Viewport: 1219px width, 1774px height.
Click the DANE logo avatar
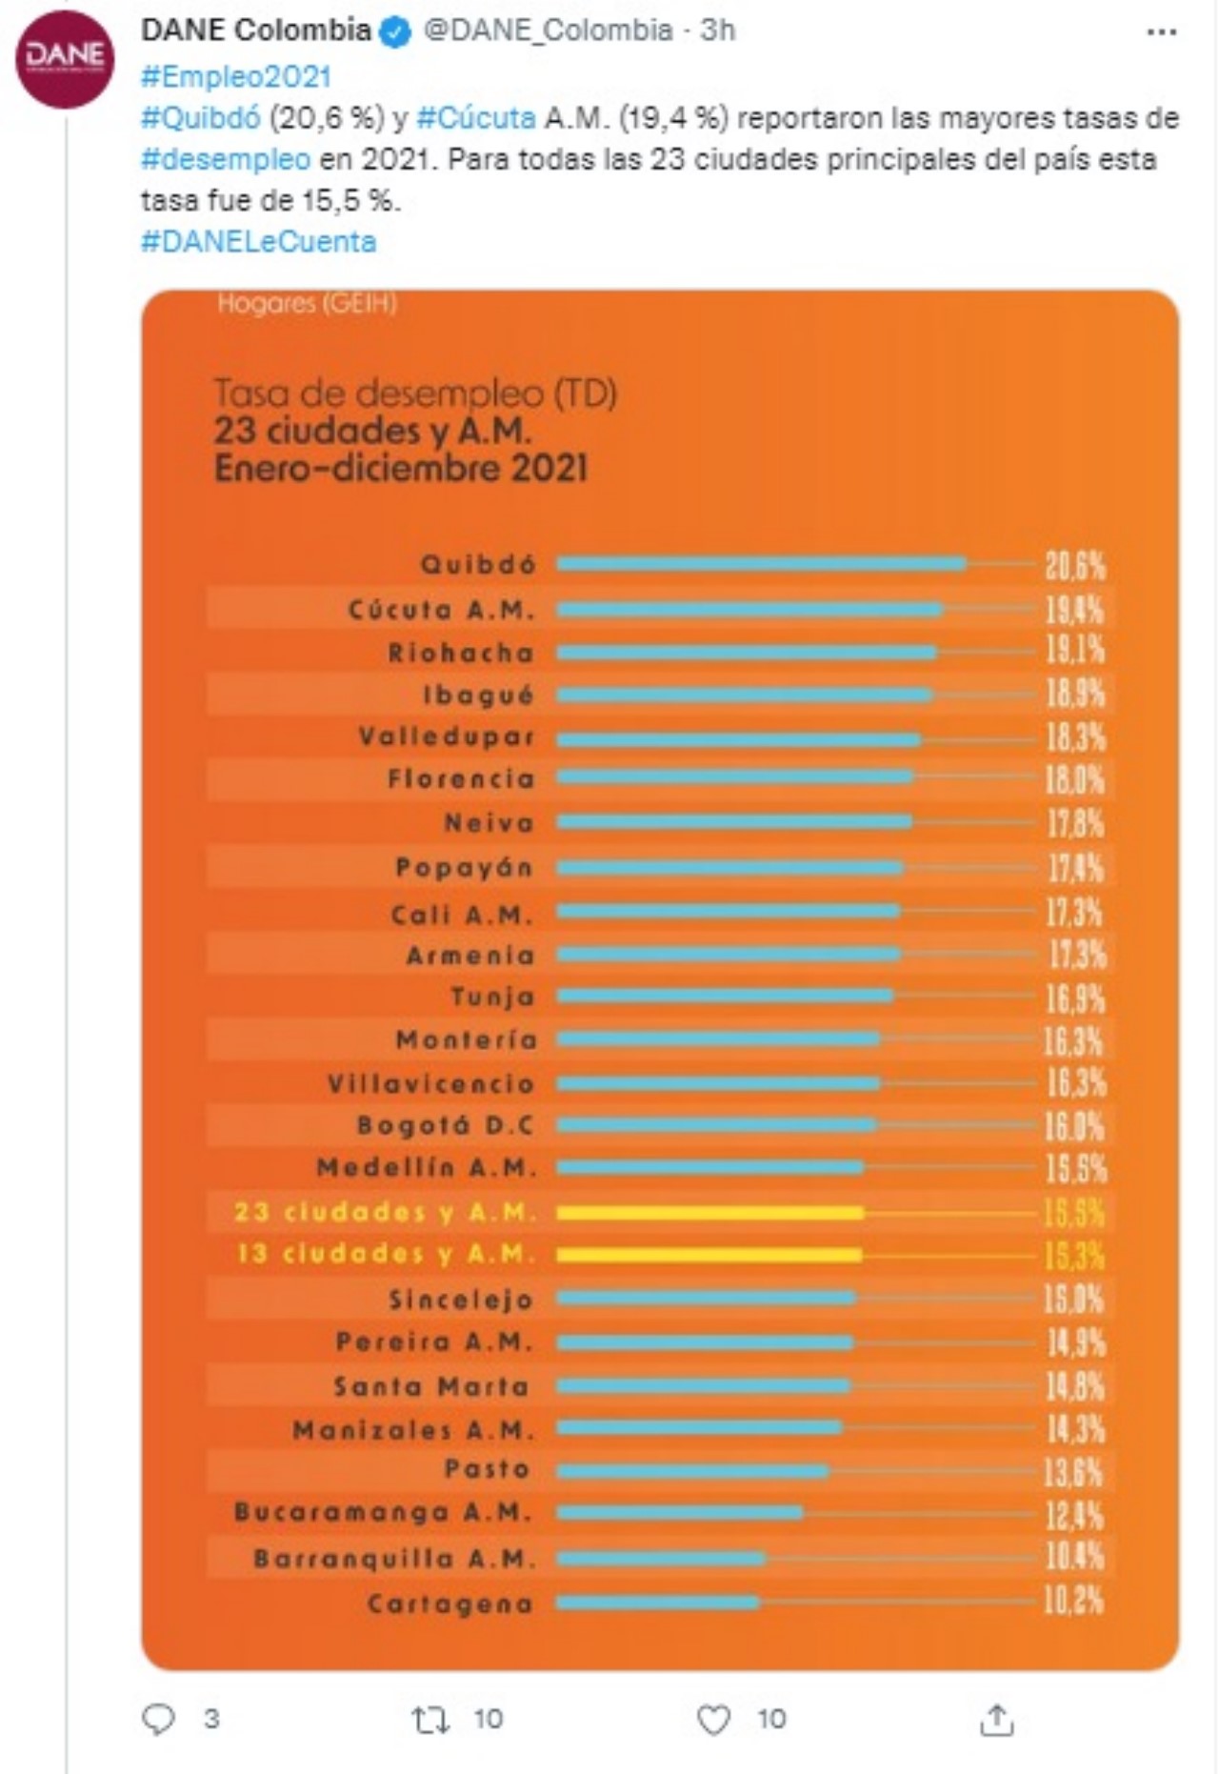pyautogui.click(x=65, y=59)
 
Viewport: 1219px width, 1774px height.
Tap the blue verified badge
pyautogui.click(x=395, y=32)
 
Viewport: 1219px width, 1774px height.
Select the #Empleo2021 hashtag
pyautogui.click(x=235, y=76)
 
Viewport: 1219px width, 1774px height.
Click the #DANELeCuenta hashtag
pyautogui.click(x=258, y=242)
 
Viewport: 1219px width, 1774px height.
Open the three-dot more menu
pyautogui.click(x=1161, y=32)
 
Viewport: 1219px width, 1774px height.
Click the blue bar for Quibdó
pyautogui.click(x=761, y=564)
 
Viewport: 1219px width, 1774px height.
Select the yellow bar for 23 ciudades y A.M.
pyautogui.click(x=710, y=1213)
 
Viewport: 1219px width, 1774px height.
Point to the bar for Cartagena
pyautogui.click(x=658, y=1603)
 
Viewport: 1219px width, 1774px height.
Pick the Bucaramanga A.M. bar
pyautogui.click(x=680, y=1512)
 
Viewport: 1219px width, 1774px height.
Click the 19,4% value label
pyautogui.click(x=1075, y=610)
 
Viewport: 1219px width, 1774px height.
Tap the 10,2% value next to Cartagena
pyautogui.click(x=1074, y=1602)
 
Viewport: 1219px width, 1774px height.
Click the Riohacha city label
pyautogui.click(x=461, y=654)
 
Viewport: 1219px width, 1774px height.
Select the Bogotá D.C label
pyautogui.click(x=445, y=1126)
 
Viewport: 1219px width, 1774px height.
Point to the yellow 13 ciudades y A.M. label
pyautogui.click(x=387, y=1254)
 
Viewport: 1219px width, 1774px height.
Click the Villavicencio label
pyautogui.click(x=431, y=1084)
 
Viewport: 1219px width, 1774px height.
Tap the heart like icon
pyautogui.click(x=713, y=1719)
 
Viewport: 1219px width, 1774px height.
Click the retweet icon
pyautogui.click(x=430, y=1719)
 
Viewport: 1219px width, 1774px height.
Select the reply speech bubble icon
pyautogui.click(x=158, y=1719)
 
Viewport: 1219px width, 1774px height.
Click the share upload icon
pyautogui.click(x=996, y=1719)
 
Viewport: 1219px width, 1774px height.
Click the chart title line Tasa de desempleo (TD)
pyautogui.click(x=415, y=393)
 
